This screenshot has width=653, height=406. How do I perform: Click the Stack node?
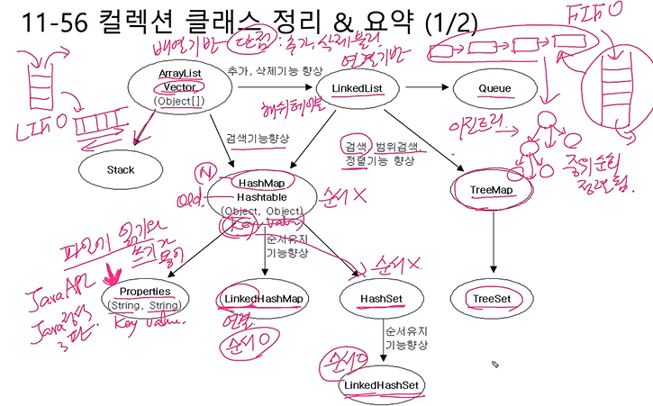coord(120,169)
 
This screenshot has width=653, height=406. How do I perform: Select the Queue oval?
coord(494,88)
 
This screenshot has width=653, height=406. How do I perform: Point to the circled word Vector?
coord(180,87)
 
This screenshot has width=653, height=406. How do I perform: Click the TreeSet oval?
coord(492,298)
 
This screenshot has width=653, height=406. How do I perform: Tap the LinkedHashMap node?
coord(263,298)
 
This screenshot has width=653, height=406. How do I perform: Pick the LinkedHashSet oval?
coord(383,385)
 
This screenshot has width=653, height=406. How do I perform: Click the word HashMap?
coord(261,183)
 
